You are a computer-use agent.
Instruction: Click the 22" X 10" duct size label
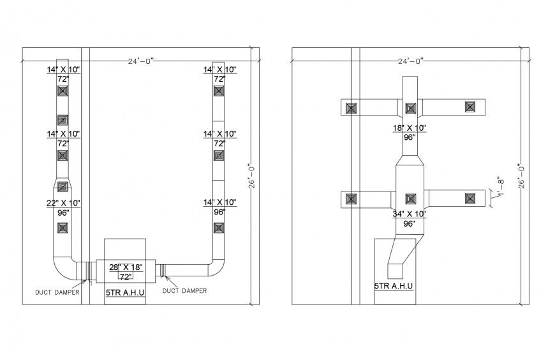tap(63, 203)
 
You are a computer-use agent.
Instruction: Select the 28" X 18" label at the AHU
tap(125, 267)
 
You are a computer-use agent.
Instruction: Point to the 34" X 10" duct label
tap(410, 214)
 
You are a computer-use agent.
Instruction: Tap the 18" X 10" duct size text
tap(410, 128)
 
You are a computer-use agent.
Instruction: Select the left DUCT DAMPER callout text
tap(57, 293)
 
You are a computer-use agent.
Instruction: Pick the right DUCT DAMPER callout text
tap(185, 291)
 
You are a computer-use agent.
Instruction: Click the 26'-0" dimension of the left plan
tap(252, 175)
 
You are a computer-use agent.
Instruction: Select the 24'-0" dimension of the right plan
tap(410, 61)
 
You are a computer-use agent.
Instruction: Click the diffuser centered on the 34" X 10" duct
tap(411, 199)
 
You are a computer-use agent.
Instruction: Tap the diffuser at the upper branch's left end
tap(351, 108)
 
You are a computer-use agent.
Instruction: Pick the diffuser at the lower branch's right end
tap(470, 199)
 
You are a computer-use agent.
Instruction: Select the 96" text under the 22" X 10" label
tap(63, 213)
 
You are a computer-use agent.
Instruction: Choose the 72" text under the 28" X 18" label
tap(125, 276)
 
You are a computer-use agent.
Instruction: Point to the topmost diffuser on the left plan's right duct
tap(219, 91)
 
